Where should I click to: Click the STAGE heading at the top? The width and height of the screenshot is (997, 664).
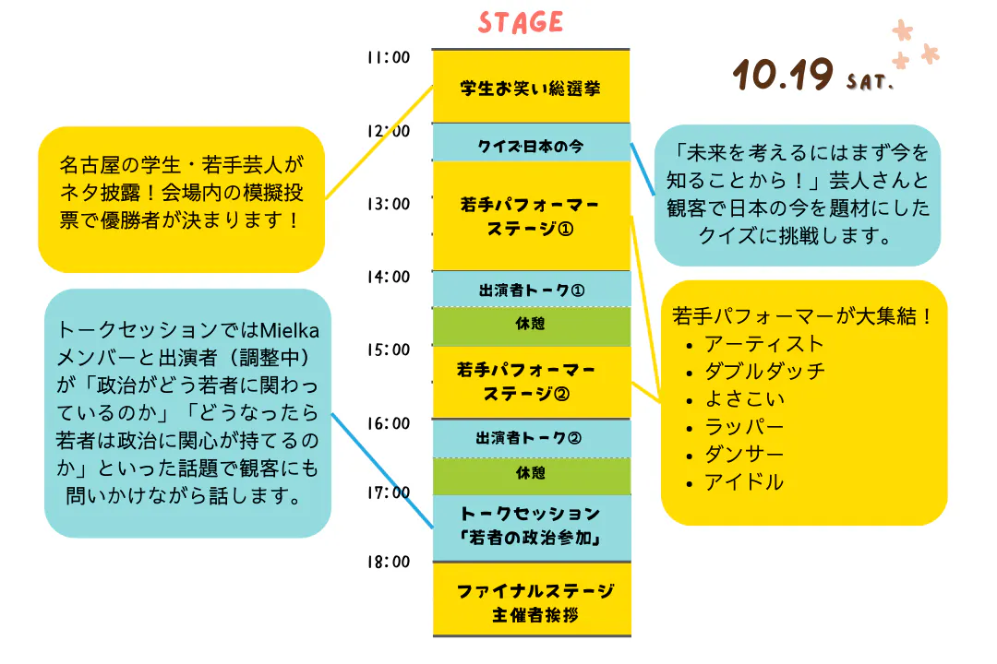click(521, 22)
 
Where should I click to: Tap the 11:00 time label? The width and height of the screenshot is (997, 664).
click(388, 58)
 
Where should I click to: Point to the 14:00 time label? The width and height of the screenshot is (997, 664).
click(388, 277)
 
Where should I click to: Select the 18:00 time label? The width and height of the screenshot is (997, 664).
click(388, 562)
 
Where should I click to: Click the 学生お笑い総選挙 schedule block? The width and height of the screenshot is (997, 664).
click(531, 89)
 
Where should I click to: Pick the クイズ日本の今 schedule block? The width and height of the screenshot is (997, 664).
click(531, 145)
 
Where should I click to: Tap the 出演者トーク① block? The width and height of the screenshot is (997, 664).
click(531, 290)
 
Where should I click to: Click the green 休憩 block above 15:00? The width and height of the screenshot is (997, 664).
click(531, 325)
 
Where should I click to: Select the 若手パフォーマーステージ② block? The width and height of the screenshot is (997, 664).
click(531, 382)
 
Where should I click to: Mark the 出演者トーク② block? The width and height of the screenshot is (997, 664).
click(531, 437)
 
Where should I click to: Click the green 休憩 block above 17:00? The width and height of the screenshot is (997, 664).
click(531, 473)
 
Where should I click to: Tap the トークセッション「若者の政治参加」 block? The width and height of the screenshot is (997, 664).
click(531, 526)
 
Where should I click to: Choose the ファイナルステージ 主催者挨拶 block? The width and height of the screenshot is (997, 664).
click(531, 602)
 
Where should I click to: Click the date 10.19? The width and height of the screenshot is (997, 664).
click(783, 76)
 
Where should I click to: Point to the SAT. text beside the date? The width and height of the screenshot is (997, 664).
click(870, 84)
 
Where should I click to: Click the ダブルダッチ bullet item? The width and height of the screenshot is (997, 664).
click(764, 371)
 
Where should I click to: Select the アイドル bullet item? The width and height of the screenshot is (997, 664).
click(744, 481)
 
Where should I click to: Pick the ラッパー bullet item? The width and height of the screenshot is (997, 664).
click(744, 426)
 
